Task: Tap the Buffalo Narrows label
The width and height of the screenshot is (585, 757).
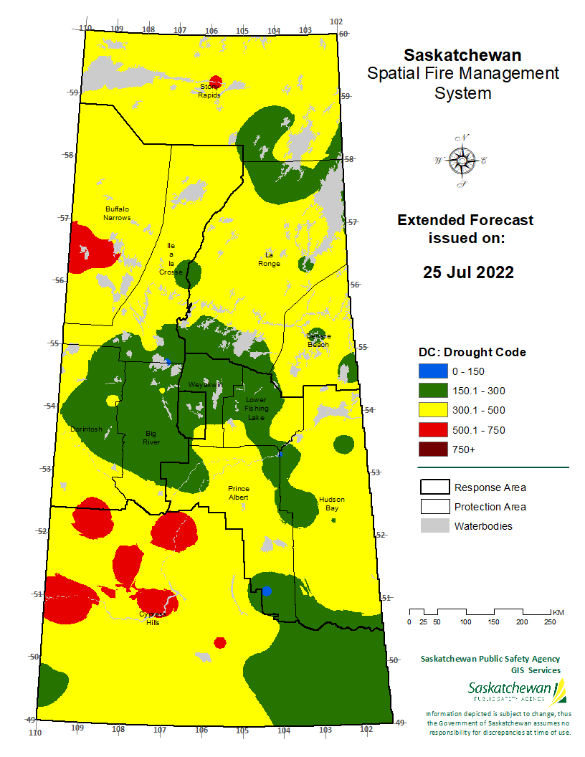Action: point(117,213)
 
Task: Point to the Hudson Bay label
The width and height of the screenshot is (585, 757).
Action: point(331,503)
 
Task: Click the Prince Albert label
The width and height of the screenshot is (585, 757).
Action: point(238,492)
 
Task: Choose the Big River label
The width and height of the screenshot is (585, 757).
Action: point(151,438)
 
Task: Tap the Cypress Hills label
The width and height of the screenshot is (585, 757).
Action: point(153,619)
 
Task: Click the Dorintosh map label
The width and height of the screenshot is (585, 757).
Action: point(86,429)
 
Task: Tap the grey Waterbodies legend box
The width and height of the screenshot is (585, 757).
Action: point(434,526)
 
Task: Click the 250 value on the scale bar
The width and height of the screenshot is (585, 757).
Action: point(550,622)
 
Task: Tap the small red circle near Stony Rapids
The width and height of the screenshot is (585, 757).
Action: point(216,82)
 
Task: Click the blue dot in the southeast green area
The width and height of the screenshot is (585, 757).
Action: point(267,591)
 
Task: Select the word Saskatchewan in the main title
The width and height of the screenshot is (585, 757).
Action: point(462,55)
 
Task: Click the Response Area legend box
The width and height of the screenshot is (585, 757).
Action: point(434,487)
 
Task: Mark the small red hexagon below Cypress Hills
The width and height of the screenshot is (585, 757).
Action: point(220,642)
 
